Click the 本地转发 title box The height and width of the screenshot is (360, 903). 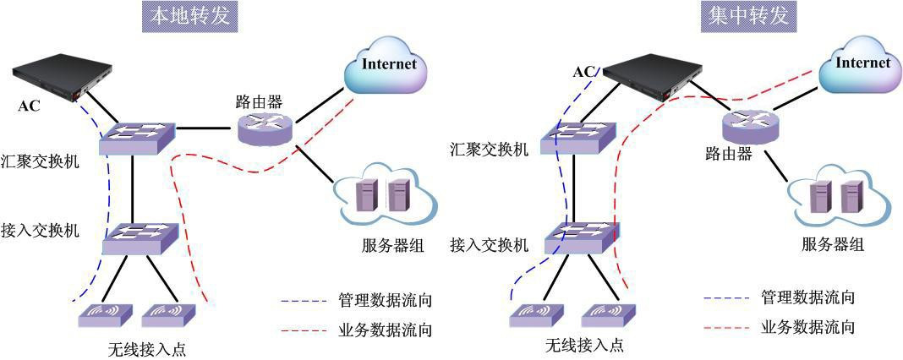(189, 16)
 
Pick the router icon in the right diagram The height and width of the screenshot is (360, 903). (751, 128)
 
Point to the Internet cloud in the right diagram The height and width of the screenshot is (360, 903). (861, 65)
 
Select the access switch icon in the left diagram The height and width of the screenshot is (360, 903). (140, 237)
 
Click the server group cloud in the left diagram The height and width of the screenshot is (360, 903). (386, 198)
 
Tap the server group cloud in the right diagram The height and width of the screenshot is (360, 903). (837, 199)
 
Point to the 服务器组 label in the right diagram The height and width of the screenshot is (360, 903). (832, 245)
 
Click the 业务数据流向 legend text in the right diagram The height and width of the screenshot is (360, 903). (807, 326)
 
